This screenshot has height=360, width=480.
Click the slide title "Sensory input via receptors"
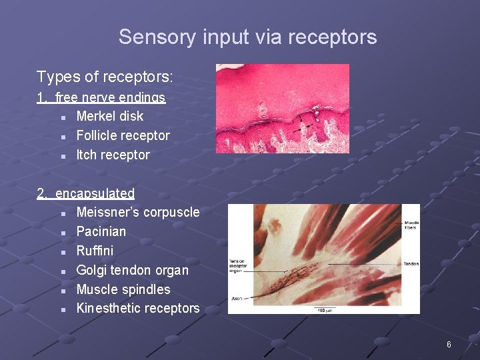247,37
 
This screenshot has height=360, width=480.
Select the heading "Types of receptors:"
105,77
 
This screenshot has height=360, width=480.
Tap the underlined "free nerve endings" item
110,97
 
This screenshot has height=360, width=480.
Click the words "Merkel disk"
110,116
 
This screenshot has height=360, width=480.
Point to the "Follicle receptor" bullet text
123,135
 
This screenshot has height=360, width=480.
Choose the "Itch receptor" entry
113,155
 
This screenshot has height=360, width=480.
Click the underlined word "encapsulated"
95,193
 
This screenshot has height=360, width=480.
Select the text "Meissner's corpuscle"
138,212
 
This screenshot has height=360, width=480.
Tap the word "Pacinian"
101,231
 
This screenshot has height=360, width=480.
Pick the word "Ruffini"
95,251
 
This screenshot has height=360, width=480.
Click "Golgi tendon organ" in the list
132,270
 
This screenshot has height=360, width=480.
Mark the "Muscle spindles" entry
123,289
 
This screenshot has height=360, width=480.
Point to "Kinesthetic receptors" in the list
138,308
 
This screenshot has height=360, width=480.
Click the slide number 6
449,345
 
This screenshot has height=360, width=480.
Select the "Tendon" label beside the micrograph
411,264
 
